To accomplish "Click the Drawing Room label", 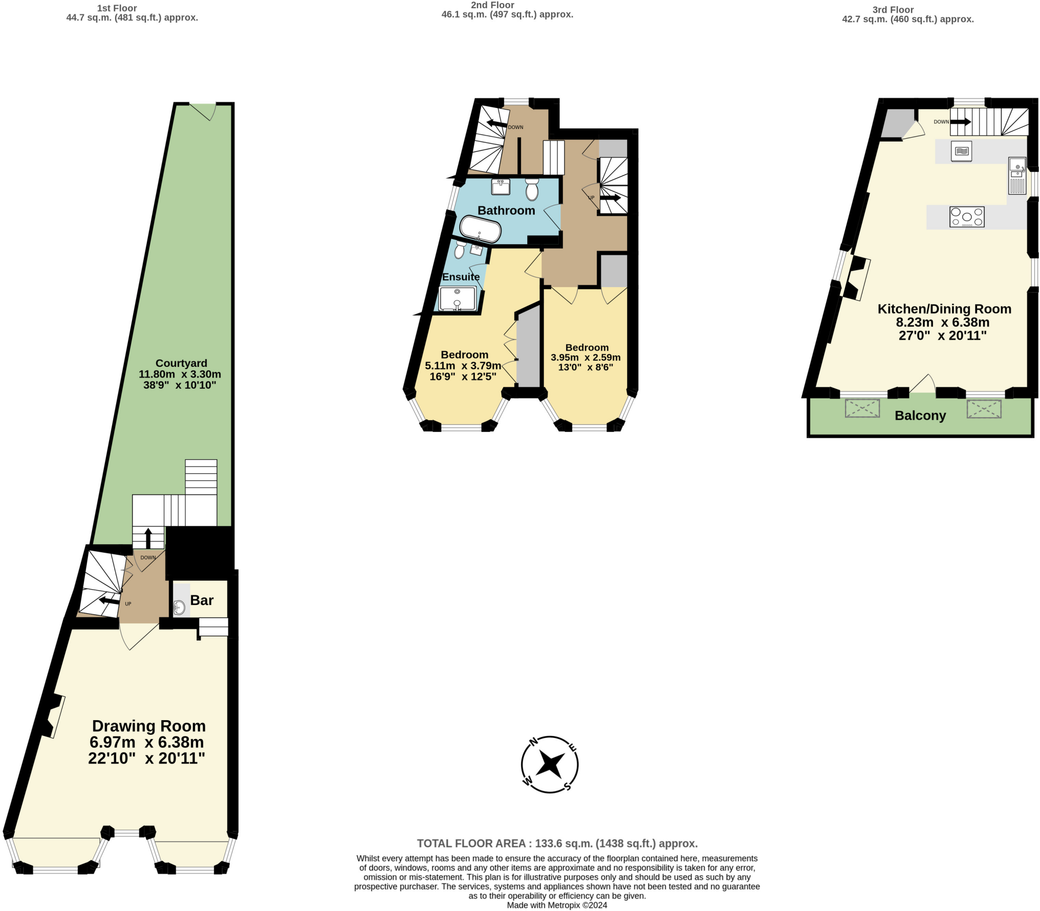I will [148, 726].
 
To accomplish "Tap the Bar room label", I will [202, 600].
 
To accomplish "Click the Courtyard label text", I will [181, 363].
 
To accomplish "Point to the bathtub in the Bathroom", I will [480, 229].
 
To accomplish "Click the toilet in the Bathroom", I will [532, 190].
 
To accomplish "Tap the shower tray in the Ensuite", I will [457, 298].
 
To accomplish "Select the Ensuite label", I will [461, 277].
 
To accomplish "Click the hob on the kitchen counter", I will [966, 217].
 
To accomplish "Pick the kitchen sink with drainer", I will [1017, 176].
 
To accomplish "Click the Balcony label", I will [920, 415].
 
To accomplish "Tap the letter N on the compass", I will [534, 741].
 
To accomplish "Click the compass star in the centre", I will [550, 764].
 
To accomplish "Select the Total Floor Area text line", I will [557, 843].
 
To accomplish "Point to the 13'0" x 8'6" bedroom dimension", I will [586, 367].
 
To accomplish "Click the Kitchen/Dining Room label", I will [944, 309].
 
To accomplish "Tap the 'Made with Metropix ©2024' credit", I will [557, 905].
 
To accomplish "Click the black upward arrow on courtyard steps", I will [148, 538].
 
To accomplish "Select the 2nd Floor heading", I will [492, 5].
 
